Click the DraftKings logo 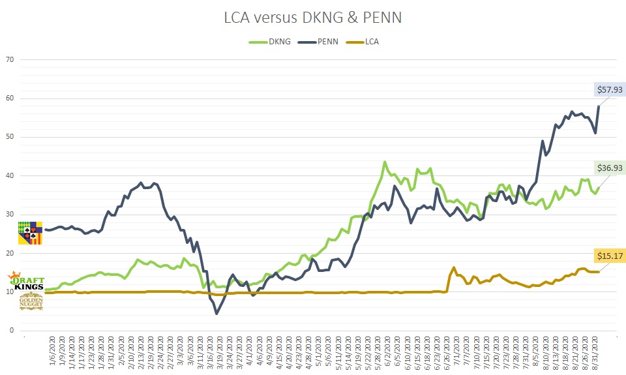(26, 282)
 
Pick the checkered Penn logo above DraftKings (30, 233)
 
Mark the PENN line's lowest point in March (216, 314)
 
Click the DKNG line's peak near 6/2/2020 (385, 162)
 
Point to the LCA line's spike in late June (454, 267)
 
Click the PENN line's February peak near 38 (141, 183)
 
